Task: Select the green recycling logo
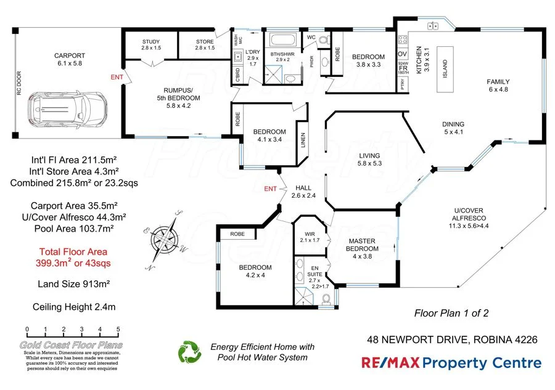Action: [190, 352]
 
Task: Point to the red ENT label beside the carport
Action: [117, 77]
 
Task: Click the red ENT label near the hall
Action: [269, 188]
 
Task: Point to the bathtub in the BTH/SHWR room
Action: [283, 43]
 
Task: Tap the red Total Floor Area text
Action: [73, 257]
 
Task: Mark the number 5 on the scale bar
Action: [118, 330]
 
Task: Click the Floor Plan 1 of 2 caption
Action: [451, 313]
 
